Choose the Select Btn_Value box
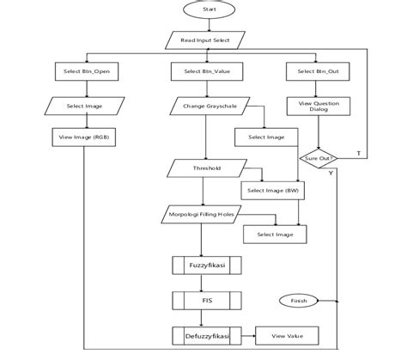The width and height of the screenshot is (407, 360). point(205,72)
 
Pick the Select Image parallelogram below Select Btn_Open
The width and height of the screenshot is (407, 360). point(84,107)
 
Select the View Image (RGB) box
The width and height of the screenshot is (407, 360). point(84,137)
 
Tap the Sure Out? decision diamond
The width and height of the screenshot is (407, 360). point(317,158)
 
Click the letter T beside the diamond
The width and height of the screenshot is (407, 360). point(357,154)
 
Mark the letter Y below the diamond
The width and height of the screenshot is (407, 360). point(330,173)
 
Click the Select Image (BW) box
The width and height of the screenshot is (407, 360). point(269,190)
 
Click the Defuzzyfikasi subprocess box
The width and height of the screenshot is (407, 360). point(205,335)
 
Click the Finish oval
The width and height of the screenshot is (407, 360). point(300,301)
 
